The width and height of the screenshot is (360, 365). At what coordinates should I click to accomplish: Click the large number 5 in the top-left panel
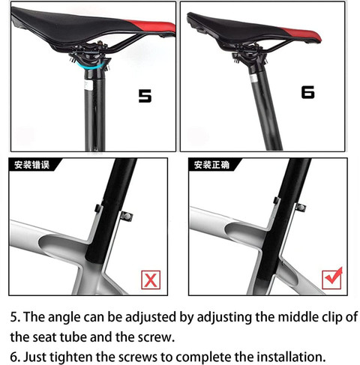[x=145, y=97]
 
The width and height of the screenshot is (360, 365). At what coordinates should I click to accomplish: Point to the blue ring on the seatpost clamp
[x=94, y=66]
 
